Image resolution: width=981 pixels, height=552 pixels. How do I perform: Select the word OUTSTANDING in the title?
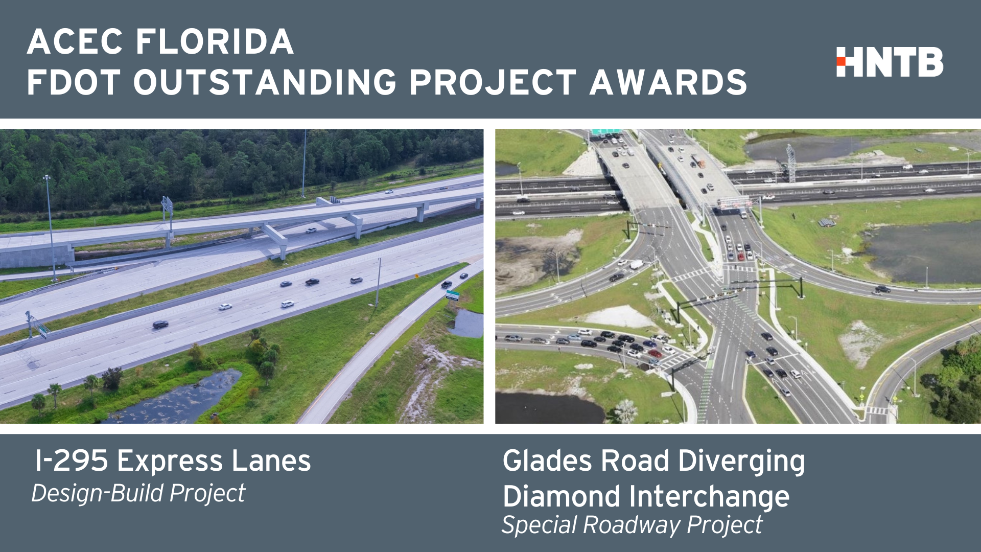265,82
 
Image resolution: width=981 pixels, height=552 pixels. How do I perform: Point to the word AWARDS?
668,82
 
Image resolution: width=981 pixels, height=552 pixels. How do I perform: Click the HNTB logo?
890,62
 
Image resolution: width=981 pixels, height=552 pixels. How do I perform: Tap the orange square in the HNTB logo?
841,61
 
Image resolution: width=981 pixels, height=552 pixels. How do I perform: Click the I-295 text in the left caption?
72,461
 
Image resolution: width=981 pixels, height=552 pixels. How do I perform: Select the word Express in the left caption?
170,462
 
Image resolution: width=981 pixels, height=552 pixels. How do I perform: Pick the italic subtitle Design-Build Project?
138,494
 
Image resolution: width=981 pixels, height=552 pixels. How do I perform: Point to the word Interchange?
710,497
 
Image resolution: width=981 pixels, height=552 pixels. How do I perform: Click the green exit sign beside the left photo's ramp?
452,295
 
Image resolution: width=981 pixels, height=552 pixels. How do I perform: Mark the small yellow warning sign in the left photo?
416,276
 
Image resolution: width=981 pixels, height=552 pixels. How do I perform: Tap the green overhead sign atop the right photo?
606,132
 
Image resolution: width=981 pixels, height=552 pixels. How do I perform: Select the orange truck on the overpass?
698,161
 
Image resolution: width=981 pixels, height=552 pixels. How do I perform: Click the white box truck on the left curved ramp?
636,264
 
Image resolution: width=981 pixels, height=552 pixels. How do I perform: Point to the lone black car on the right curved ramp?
882,289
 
